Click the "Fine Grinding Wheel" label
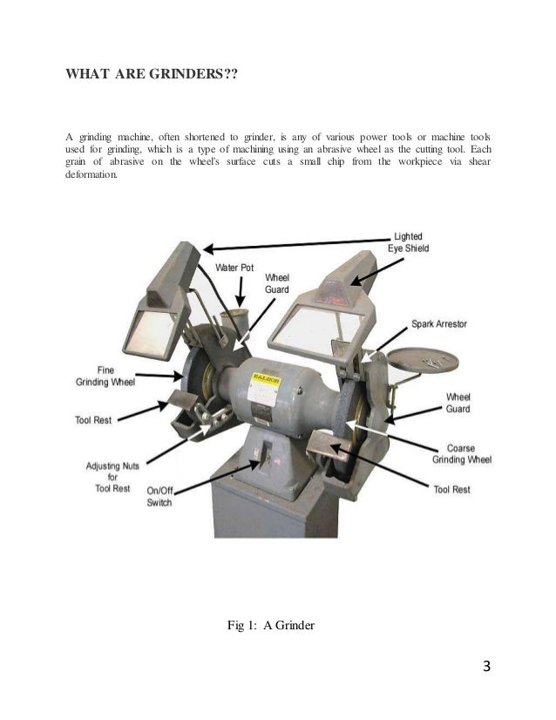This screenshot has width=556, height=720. point(104,377)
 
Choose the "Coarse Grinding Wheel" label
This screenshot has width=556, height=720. point(462,452)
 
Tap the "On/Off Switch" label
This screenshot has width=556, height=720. point(159,497)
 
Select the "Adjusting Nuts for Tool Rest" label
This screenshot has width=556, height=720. point(110,477)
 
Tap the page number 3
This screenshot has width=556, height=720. point(487,668)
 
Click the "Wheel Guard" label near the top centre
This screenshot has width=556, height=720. point(276,282)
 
